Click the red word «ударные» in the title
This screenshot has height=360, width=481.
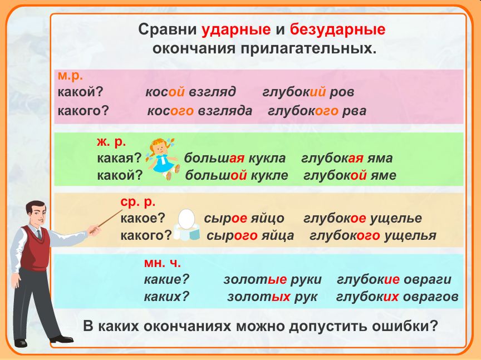coord(236,30)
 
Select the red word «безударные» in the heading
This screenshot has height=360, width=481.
coord(337,30)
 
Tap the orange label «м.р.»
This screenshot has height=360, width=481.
coord(70,76)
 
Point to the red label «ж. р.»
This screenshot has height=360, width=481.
coord(111,142)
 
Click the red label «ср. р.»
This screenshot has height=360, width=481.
coord(138,202)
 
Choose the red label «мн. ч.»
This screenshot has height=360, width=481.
coord(162,263)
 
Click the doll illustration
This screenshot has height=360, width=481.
coord(162,159)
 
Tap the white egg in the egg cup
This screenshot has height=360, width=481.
coord(186,219)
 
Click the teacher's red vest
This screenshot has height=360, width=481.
coord(34,248)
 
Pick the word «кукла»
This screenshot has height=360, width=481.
coord(267,159)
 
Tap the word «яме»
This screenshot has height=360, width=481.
coord(383,175)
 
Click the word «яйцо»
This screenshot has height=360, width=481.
coord(267,219)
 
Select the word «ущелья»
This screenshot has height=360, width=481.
coord(410,236)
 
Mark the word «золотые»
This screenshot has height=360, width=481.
coord(255,280)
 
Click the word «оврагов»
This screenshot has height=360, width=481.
coord(431,297)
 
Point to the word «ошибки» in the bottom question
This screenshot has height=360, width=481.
coord(404,326)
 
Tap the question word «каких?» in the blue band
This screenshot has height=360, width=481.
coord(166,297)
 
